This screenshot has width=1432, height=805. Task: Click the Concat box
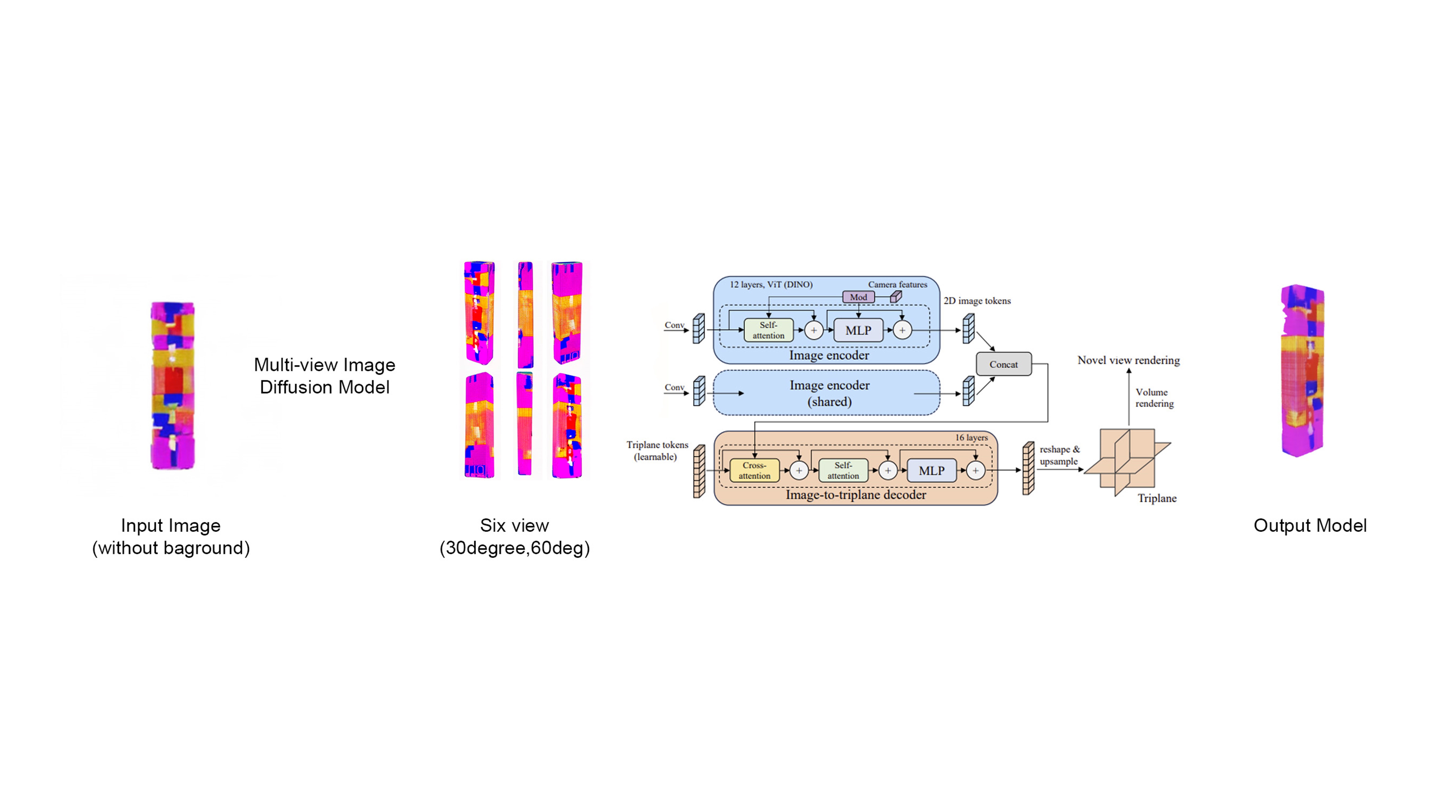point(1003,364)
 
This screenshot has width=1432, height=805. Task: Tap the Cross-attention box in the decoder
point(754,470)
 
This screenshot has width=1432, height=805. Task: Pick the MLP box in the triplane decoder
point(932,470)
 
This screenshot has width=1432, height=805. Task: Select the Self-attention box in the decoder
point(843,470)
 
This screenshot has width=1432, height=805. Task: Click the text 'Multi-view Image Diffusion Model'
point(325,376)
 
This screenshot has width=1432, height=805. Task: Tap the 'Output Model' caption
point(1310,526)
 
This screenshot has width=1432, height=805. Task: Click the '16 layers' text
point(971,438)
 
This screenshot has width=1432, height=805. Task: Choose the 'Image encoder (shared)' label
point(829,393)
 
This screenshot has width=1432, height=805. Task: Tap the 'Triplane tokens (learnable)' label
point(657,451)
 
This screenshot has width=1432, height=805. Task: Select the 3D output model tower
point(1302,370)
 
